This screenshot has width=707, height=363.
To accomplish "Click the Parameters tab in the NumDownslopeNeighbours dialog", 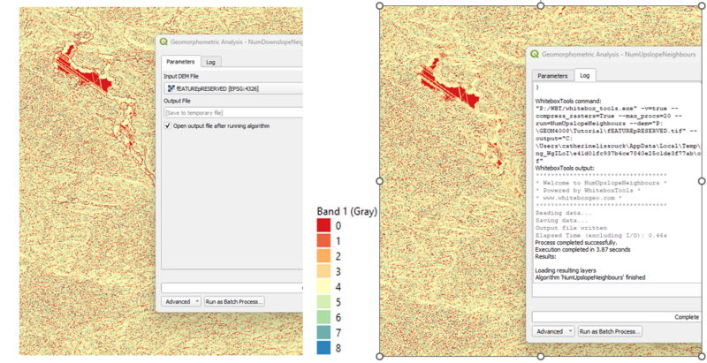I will [x=180, y=62].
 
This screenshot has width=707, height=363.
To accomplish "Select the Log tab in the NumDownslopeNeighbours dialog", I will [x=211, y=62].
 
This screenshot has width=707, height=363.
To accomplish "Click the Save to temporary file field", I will [x=232, y=112].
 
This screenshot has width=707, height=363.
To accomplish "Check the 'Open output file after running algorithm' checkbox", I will [x=169, y=125].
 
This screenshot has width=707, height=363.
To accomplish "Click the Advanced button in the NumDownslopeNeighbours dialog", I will [x=181, y=301].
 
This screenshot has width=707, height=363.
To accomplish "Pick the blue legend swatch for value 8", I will [x=327, y=348].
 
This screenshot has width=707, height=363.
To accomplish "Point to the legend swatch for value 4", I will [x=327, y=288].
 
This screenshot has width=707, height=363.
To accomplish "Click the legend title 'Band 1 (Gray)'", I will [x=346, y=212].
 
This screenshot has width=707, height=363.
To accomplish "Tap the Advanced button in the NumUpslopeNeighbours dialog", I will [x=553, y=331].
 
